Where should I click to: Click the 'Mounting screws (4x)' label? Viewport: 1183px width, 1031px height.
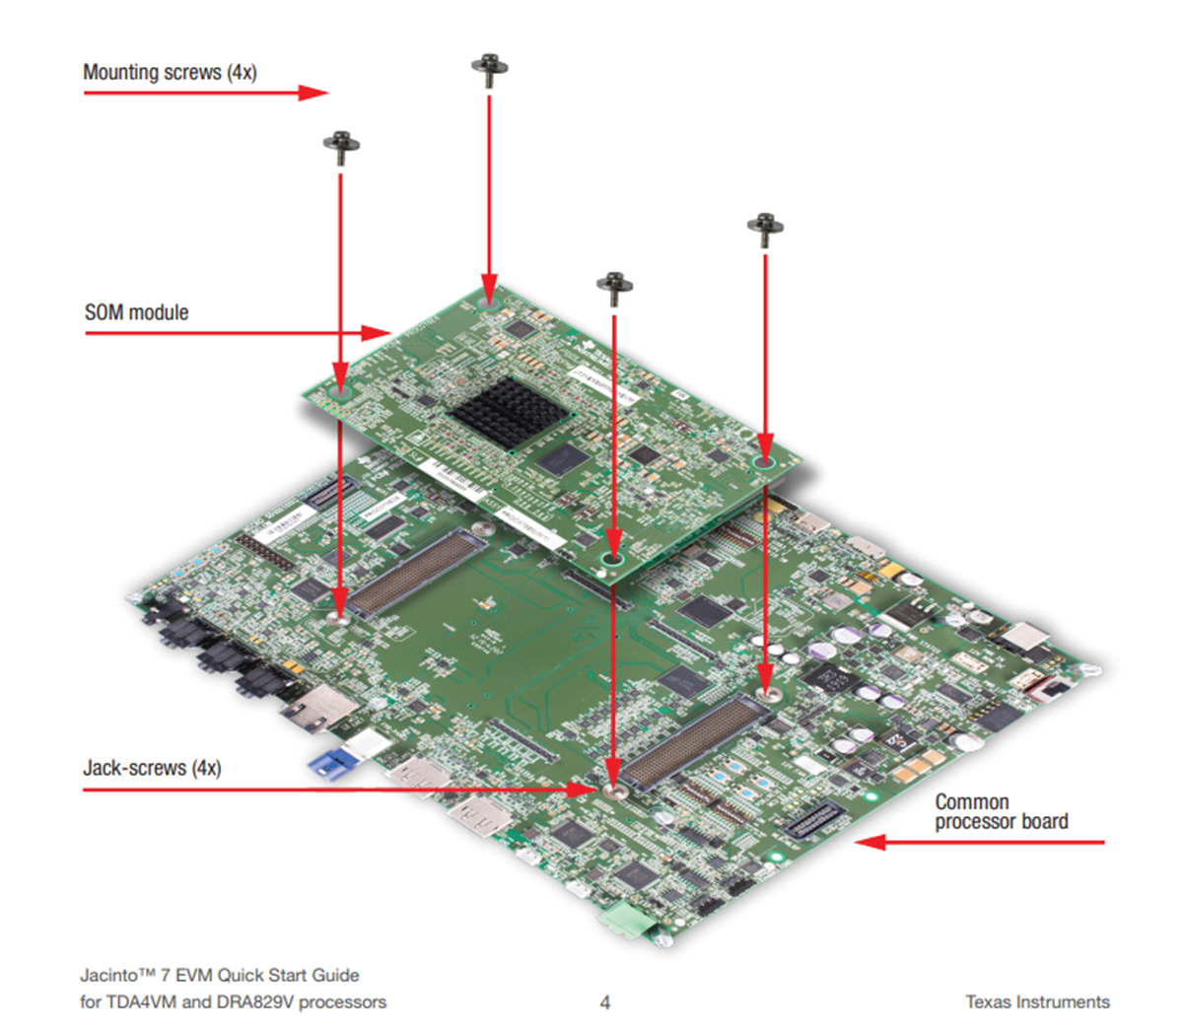coord(170,72)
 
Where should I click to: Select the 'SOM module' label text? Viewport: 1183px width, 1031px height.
coord(136,312)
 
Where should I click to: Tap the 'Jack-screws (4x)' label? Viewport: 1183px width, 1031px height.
coord(152,768)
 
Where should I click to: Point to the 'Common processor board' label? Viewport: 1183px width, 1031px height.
coord(1001,812)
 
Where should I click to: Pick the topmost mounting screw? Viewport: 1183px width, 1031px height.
coord(489,70)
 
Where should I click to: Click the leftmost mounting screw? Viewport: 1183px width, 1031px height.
coord(341,146)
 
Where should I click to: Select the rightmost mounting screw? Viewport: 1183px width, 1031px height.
coord(765,229)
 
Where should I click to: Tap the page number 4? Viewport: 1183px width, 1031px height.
coord(605,1002)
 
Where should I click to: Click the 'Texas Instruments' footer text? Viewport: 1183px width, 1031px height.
coord(1037,1002)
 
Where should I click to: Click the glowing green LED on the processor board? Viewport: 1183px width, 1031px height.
coord(870,796)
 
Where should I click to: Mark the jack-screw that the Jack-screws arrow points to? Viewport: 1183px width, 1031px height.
coord(613,790)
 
